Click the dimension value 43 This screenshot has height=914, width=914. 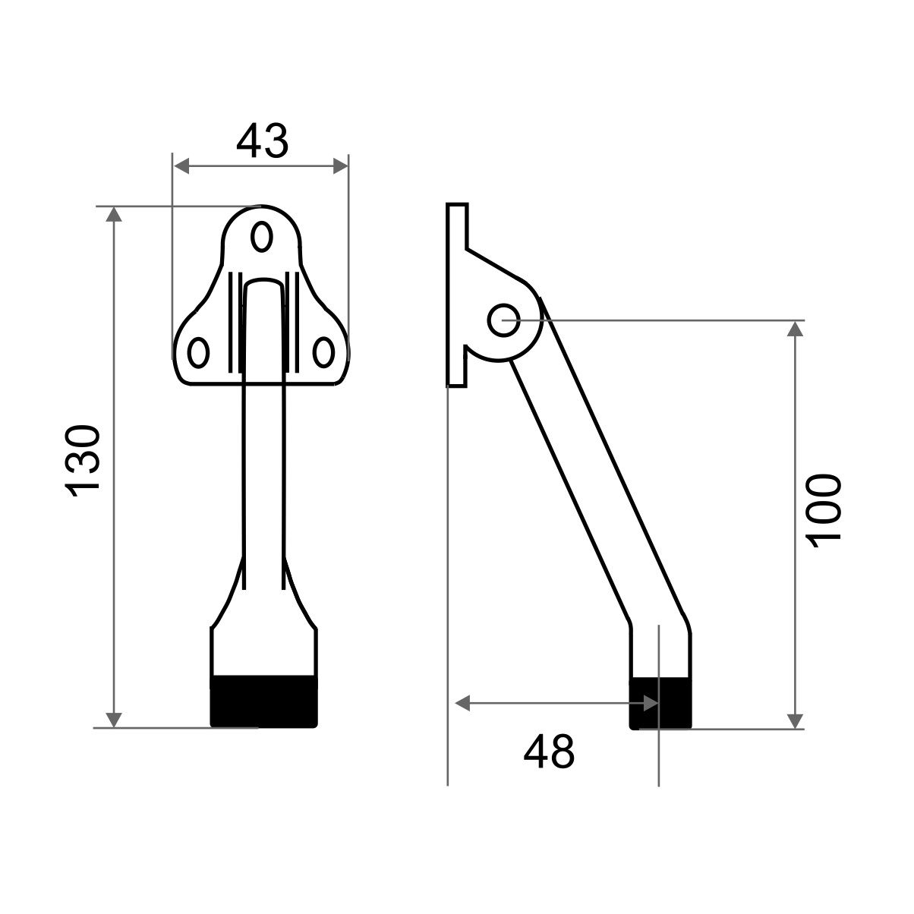pos(263,141)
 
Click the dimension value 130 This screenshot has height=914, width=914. pos(83,461)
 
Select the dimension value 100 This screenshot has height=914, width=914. pos(824,512)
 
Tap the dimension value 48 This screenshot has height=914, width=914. pos(549,752)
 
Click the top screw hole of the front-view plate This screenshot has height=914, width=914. pos(261,236)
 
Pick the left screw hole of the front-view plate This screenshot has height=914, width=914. pos(198,352)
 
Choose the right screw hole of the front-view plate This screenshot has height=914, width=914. pos(323,352)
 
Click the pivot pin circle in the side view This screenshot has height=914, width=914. pos(503,320)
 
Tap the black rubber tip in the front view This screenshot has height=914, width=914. pos(263,701)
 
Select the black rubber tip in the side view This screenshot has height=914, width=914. pos(660,704)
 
